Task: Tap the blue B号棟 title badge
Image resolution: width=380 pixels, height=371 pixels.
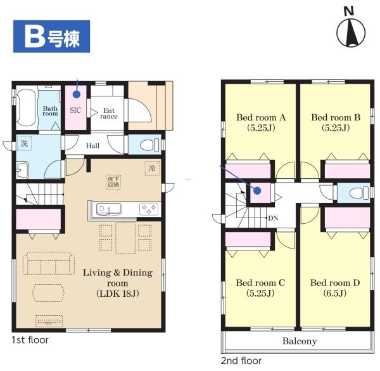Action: [52, 36]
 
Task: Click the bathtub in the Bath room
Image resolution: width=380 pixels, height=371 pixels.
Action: [26, 107]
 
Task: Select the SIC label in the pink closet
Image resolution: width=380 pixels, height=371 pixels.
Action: [75, 110]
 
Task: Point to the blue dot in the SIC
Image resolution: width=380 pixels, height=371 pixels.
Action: [77, 94]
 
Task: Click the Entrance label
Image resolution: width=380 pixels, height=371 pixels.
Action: [109, 114]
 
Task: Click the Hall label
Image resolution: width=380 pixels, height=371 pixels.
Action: [92, 146]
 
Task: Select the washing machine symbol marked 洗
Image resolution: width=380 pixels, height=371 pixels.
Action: [24, 144]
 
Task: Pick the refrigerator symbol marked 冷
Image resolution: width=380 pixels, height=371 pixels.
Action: [152, 168]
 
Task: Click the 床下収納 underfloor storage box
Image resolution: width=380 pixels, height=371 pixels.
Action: [113, 182]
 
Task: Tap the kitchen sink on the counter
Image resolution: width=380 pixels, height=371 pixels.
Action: [109, 209]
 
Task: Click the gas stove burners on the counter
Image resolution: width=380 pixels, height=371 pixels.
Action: [149, 209]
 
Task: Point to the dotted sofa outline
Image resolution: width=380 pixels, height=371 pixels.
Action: [49, 264]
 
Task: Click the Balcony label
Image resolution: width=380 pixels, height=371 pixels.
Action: [300, 341]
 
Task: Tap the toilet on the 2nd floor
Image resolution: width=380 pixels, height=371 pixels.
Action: [359, 193]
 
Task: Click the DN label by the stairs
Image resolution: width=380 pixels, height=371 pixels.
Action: [273, 218]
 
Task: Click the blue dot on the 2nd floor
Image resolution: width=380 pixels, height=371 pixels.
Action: [257, 191]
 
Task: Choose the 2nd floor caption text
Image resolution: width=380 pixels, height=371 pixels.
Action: [241, 361]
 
